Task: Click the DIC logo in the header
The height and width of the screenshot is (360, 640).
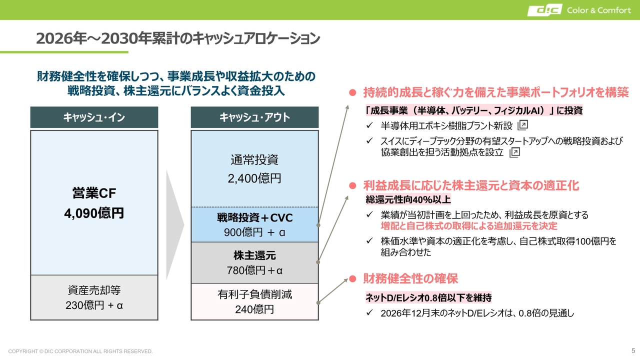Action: (544, 10)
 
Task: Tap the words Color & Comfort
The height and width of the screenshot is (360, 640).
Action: (599, 10)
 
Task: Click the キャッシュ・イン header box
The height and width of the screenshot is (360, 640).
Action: (94, 117)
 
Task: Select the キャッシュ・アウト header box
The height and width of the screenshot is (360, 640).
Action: (254, 117)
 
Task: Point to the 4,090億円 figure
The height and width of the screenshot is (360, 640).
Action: (94, 213)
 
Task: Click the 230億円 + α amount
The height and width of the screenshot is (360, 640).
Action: (94, 305)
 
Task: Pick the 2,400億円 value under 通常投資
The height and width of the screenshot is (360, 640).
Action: (254, 178)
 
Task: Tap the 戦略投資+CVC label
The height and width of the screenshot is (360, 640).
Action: (254, 217)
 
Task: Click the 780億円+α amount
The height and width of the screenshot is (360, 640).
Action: (254, 270)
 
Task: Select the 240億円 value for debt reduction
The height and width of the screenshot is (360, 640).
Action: (254, 309)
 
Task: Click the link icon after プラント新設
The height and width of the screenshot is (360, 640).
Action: (523, 125)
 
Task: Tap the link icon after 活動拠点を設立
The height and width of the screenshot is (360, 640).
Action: (515, 152)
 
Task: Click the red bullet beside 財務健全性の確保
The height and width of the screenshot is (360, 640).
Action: (352, 278)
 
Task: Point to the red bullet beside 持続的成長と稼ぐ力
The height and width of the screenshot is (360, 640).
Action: (352, 92)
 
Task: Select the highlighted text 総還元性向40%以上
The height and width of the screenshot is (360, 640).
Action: (408, 199)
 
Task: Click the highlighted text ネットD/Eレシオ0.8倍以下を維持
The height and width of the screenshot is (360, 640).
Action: (428, 297)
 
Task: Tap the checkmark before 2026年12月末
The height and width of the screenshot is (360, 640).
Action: (369, 312)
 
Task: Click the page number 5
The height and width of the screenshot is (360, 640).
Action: (633, 350)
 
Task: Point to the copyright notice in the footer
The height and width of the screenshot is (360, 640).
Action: (80, 351)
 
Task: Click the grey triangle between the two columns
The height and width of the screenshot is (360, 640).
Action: (175, 225)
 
